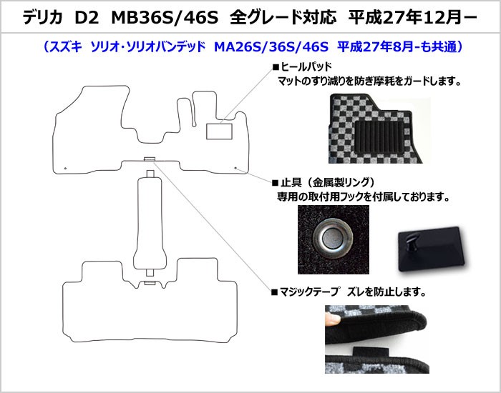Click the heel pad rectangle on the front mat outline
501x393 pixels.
219,131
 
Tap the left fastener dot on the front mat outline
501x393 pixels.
65,168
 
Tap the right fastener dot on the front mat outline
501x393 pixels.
235,167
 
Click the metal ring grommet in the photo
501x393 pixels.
333,237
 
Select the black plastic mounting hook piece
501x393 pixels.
431,249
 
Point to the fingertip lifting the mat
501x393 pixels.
332,319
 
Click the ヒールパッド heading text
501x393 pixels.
306,66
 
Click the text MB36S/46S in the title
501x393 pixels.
165,18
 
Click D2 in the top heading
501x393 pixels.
87,18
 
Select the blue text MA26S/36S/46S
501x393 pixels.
271,47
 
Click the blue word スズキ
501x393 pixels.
66,47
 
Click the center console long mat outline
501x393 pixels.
150,223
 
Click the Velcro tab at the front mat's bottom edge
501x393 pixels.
149,159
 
